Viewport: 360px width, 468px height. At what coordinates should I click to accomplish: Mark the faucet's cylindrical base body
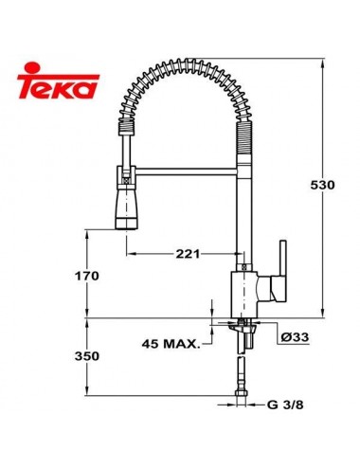246,294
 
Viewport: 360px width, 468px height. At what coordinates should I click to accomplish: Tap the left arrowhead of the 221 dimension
128,254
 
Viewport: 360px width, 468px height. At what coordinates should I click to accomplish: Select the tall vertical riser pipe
247,218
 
